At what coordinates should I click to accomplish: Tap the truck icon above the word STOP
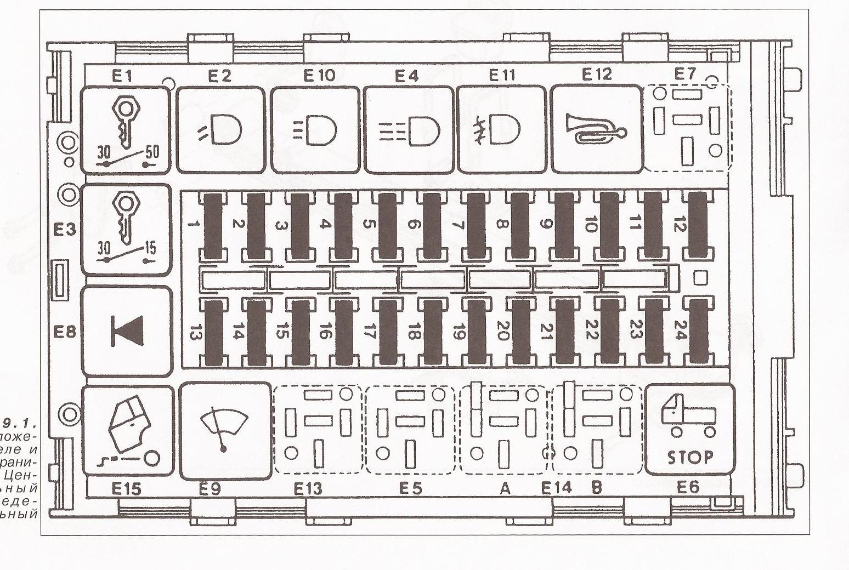[x=688, y=414]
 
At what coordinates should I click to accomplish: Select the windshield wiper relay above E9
[x=224, y=430]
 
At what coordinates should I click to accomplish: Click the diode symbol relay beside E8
[x=127, y=331]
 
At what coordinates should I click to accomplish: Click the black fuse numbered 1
[x=213, y=225]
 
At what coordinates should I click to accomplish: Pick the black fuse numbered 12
[x=698, y=225]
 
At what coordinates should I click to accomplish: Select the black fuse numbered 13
[x=213, y=333]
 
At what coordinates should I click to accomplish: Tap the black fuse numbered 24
[x=698, y=333]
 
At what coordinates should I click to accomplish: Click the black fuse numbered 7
[x=476, y=225]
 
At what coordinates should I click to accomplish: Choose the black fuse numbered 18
[x=432, y=333]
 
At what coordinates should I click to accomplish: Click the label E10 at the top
[x=319, y=75]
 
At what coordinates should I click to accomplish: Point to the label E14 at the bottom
[x=556, y=487]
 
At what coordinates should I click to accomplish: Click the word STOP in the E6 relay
[x=690, y=457]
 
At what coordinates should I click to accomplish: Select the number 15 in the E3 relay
[x=149, y=248]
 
